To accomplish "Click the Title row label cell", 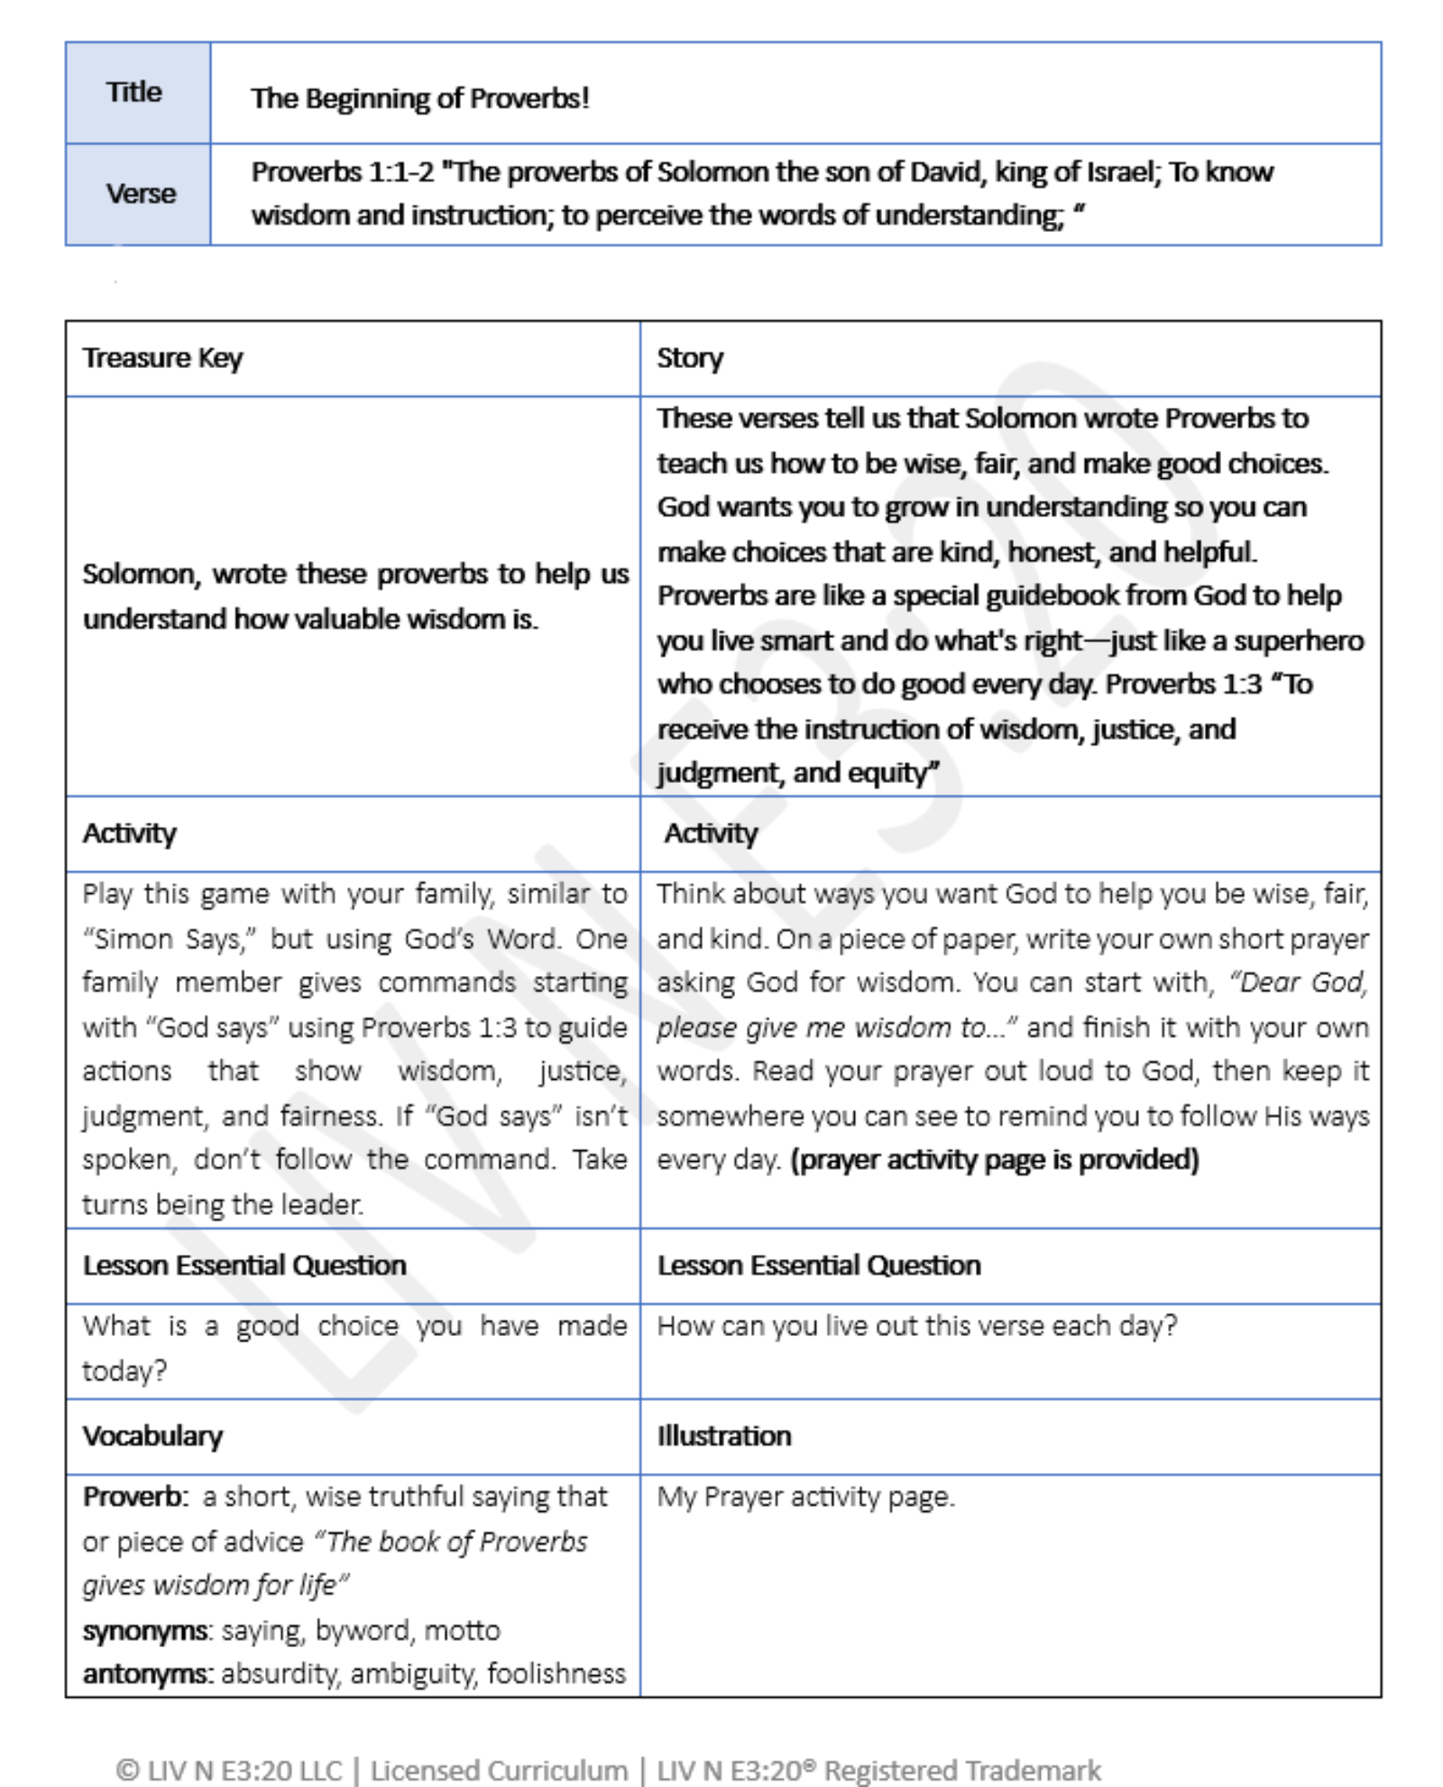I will pyautogui.click(x=135, y=92).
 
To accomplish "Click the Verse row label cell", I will pyautogui.click(x=140, y=193).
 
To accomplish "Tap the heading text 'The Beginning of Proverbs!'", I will pyautogui.click(x=419, y=97).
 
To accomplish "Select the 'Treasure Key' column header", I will pyautogui.click(x=162, y=358).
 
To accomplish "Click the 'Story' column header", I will pyautogui.click(x=689, y=358).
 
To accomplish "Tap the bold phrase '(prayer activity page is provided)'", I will pyautogui.click(x=994, y=1159).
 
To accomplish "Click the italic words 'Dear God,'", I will pyautogui.click(x=1300, y=982).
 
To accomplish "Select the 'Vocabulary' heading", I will pyautogui.click(x=152, y=1436).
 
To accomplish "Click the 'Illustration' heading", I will pyautogui.click(x=723, y=1436).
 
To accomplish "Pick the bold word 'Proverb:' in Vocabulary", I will pyautogui.click(x=135, y=1497).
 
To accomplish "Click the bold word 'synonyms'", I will pyautogui.click(x=145, y=1630).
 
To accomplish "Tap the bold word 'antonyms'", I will pyautogui.click(x=146, y=1674).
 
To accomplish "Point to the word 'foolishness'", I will pyautogui.click(x=556, y=1674).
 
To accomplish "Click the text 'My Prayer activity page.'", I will pyautogui.click(x=805, y=1497).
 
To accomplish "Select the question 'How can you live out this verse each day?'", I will pyautogui.click(x=916, y=1326).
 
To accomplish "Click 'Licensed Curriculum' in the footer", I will pyautogui.click(x=499, y=1770).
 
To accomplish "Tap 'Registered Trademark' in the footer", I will pyautogui.click(x=962, y=1770).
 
